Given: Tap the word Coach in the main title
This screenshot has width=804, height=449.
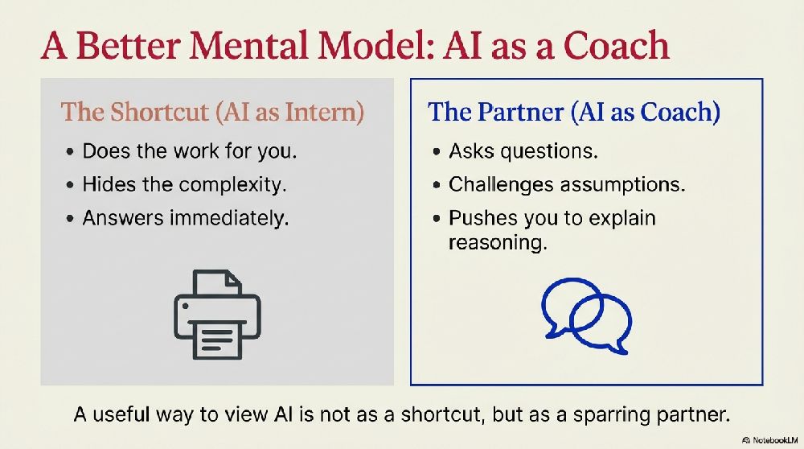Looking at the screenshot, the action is (616, 45).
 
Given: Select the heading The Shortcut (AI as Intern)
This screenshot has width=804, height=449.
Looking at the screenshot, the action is (212, 112).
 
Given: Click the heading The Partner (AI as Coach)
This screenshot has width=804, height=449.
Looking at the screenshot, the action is (574, 112).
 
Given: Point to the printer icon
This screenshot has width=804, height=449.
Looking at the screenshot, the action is (217, 314).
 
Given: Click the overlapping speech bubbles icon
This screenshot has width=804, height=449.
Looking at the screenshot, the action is (587, 315).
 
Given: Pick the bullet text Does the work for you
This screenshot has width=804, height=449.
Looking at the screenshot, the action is (190, 151).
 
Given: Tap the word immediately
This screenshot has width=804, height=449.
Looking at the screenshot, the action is (229, 219).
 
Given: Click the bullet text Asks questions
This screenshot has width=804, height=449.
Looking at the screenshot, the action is (523, 151).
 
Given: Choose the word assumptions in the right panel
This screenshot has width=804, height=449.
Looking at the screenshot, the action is (622, 185).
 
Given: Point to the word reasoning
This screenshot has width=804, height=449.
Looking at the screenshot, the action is (498, 242).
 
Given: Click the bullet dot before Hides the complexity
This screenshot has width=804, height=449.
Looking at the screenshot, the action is (70, 185).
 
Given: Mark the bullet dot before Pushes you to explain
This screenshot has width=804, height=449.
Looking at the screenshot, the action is (437, 219).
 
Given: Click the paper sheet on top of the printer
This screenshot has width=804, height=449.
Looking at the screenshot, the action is (217, 282).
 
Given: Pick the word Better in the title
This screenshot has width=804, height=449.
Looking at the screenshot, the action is (128, 45).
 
